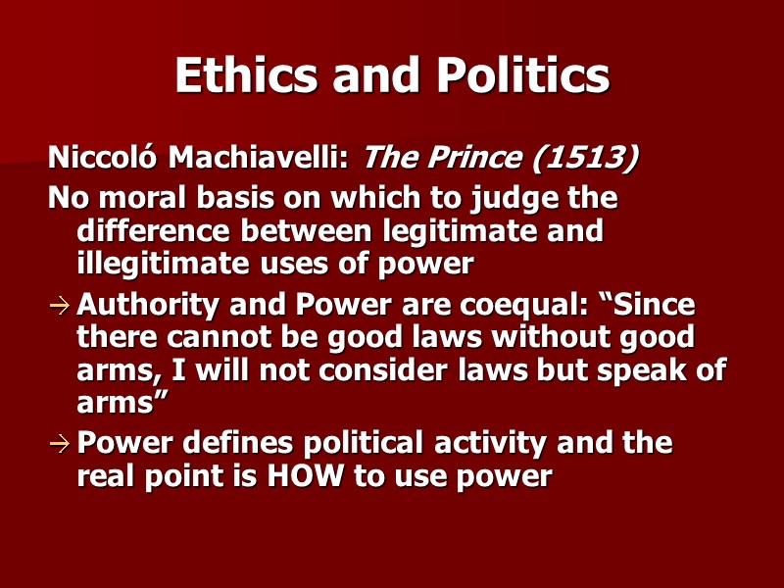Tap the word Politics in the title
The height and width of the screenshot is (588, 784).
point(511,75)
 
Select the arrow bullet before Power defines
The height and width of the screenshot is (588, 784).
point(60,444)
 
